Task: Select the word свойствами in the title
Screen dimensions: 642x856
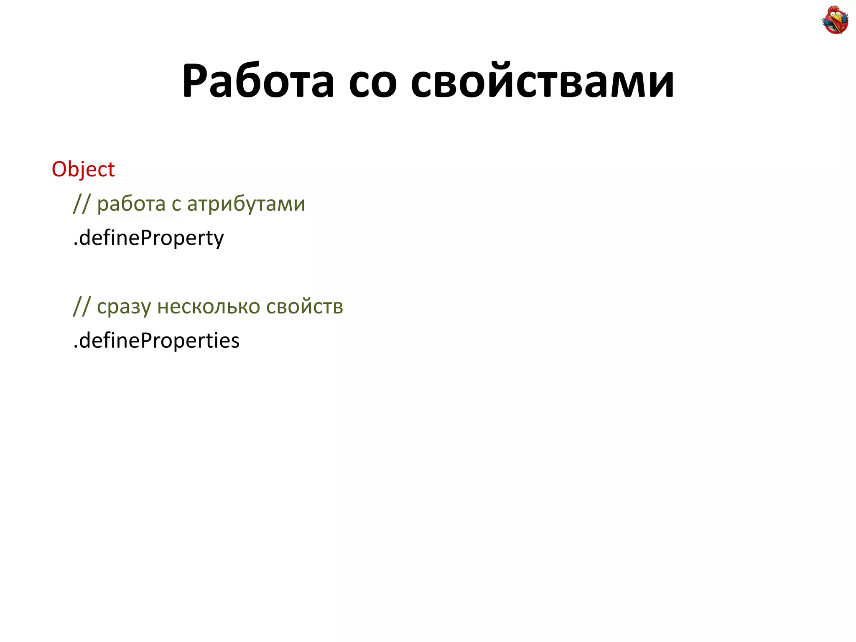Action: coord(542,81)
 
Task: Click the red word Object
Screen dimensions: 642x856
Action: coord(83,169)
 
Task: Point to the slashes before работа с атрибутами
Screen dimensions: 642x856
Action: coord(81,204)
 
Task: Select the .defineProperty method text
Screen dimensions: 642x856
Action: coord(148,238)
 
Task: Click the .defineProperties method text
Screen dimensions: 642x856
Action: coord(156,341)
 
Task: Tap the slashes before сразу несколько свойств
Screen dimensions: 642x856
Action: coord(81,306)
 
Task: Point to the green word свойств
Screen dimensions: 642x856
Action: coord(305,306)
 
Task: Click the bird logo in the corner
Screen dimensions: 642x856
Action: coord(835,20)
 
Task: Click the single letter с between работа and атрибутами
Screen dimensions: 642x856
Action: coord(176,206)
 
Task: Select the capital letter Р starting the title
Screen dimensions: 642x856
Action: coord(196,81)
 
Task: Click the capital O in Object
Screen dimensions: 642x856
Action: coord(59,169)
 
